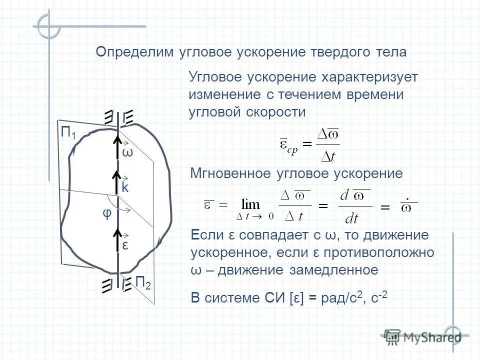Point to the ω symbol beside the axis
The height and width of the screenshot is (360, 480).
pos(127,152)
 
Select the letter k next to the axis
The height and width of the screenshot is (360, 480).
pos(125,188)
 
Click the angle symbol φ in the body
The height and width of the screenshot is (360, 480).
pos(106,213)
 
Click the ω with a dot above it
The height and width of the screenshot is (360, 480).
pos(408,205)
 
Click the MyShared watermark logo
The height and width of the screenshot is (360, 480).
pos(423,336)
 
